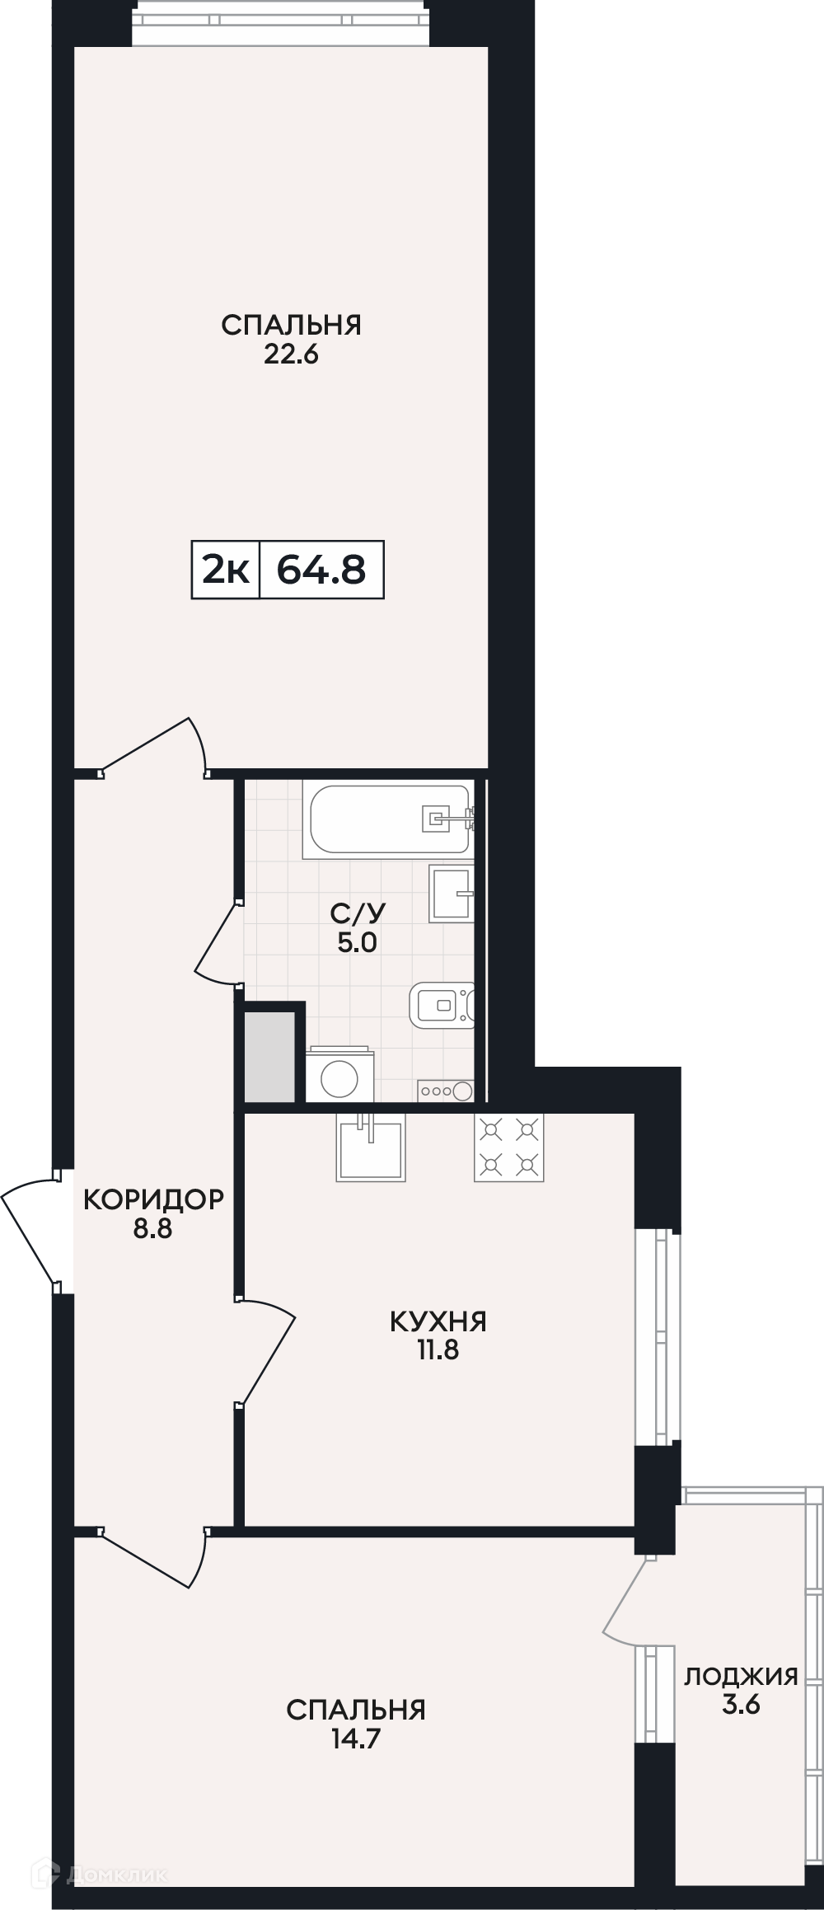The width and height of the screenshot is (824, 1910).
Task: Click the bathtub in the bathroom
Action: (x=388, y=819)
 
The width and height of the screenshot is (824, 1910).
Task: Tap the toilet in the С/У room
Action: (x=443, y=1005)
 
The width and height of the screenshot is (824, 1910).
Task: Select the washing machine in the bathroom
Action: (x=339, y=1074)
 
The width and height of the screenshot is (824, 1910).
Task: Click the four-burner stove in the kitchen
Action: (x=508, y=1147)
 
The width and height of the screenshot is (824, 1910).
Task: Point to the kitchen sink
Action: (x=371, y=1147)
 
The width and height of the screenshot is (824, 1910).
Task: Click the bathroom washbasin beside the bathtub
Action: (x=452, y=893)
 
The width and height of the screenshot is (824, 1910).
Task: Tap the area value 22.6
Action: (x=291, y=354)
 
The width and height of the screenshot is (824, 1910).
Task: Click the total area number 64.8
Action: (x=321, y=569)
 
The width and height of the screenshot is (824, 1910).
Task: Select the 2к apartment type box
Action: (x=226, y=569)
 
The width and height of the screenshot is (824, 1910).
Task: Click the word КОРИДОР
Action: (x=153, y=1199)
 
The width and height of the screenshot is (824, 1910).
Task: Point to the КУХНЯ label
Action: (x=438, y=1321)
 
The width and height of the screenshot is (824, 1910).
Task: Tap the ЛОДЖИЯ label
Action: (x=741, y=1676)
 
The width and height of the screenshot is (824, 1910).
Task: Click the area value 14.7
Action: (x=356, y=1739)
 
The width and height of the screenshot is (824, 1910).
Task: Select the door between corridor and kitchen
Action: (x=265, y=1352)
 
